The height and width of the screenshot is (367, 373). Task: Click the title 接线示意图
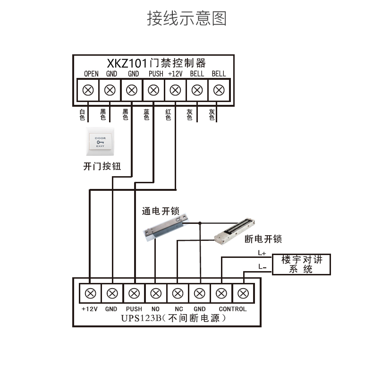coord(187,18)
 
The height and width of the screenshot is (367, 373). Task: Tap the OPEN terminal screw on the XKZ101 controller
coord(88,90)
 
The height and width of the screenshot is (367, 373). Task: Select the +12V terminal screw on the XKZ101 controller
coord(175,90)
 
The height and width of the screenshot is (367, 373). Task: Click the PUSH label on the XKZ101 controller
coord(156,74)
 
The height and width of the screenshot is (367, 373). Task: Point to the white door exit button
coord(100,142)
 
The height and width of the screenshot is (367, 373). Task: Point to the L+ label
coord(262,253)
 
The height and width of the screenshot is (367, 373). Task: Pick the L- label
coord(263,267)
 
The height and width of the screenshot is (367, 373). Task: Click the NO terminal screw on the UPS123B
coord(155,293)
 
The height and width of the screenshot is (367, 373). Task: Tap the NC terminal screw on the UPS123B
coord(178,293)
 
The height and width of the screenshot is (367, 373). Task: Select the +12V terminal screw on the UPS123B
coord(90,293)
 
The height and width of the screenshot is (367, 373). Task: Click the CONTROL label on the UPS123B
coord(232,309)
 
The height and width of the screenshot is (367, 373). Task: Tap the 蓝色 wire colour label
coord(146,115)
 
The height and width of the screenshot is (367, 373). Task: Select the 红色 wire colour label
coord(168,115)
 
